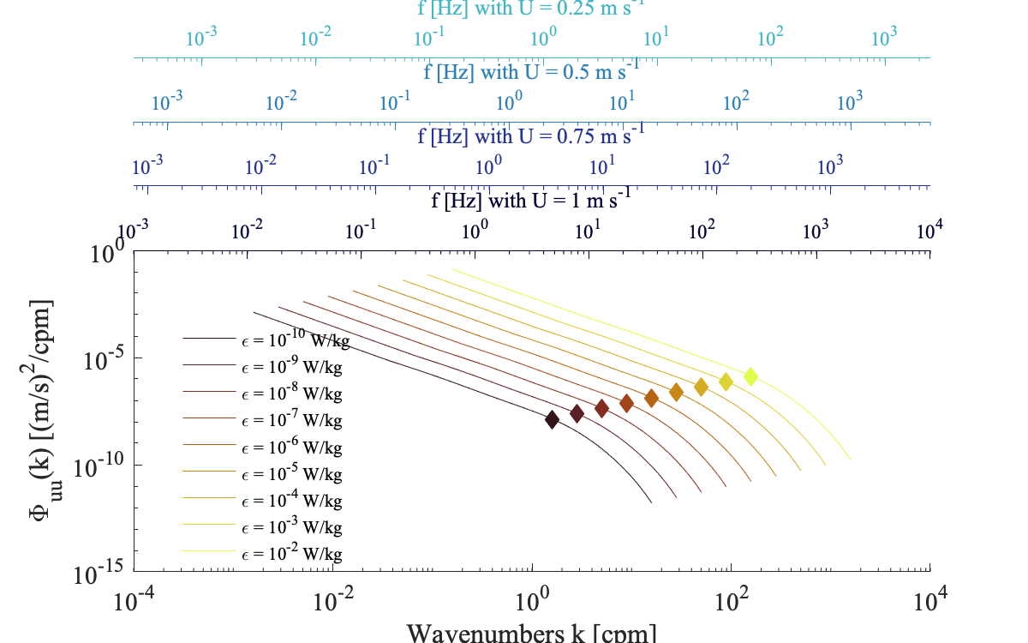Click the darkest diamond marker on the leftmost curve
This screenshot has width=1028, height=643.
pos(552,419)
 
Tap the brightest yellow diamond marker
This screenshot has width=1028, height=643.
pos(750,376)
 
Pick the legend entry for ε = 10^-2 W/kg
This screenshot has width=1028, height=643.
pos(291,553)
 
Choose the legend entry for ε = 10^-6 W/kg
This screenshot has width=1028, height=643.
pos(291,447)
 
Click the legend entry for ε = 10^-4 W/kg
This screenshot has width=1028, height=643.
pos(291,500)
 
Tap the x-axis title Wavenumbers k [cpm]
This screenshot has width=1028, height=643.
pos(532,633)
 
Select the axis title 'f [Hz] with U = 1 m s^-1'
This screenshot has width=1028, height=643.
pos(531,203)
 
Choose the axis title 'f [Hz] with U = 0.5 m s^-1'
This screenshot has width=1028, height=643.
pos(531,71)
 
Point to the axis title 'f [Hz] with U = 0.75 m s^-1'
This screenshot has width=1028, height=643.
pos(530,137)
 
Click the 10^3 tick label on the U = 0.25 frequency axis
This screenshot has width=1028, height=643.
pos(883,38)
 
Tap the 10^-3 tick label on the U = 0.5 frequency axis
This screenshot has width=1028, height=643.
pos(168,101)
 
